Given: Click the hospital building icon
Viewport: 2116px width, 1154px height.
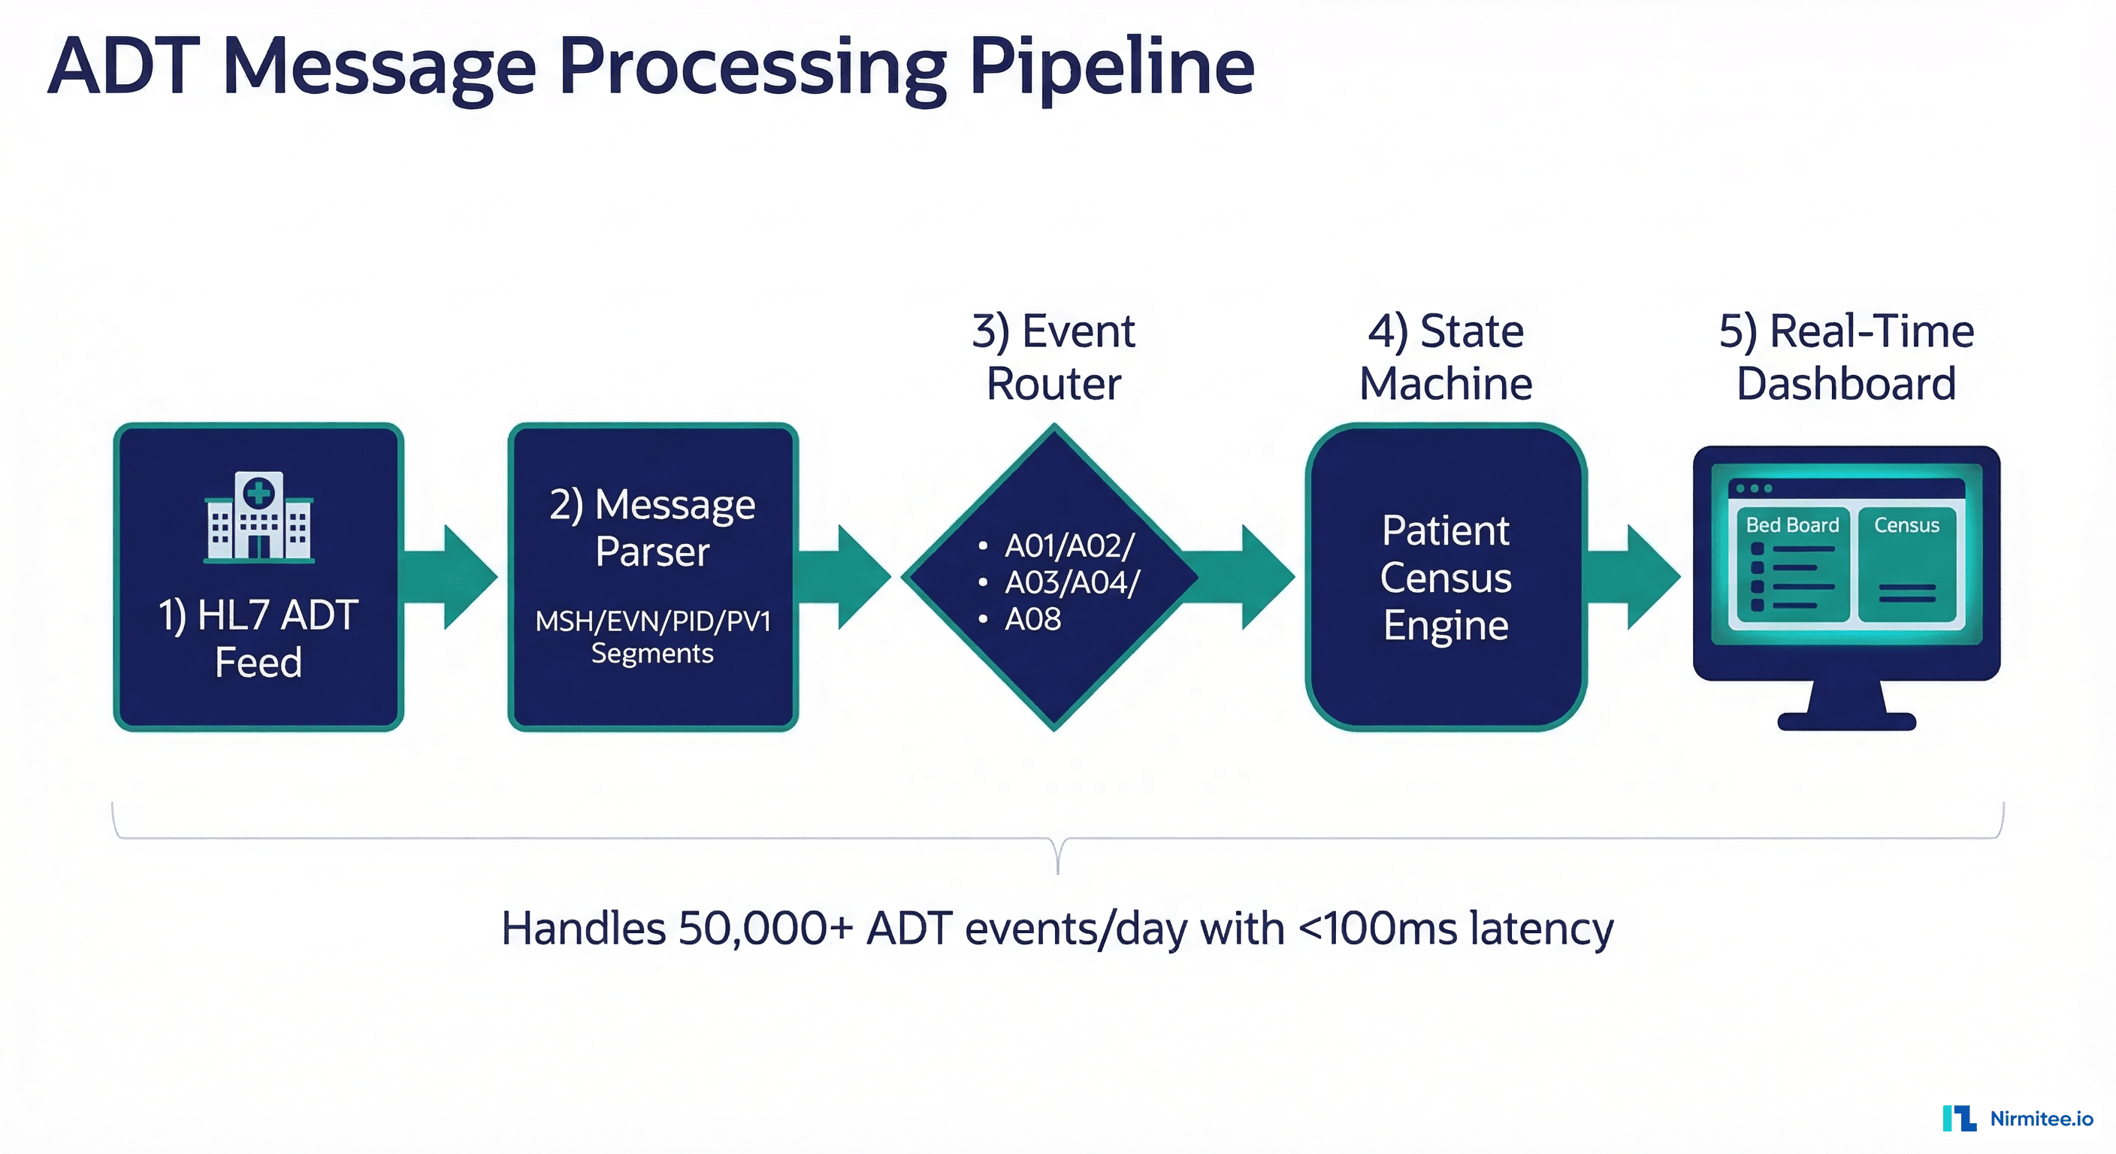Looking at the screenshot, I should [x=258, y=518].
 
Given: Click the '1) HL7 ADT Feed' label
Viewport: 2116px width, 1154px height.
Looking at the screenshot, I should [x=258, y=638].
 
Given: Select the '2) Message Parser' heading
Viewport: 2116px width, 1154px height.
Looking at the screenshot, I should [x=652, y=527].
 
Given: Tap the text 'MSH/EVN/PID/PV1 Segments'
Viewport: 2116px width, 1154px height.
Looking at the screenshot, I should [x=652, y=636].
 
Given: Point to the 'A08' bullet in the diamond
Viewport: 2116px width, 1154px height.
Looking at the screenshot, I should [x=1032, y=619].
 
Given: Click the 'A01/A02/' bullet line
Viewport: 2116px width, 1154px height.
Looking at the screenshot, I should [x=1068, y=546].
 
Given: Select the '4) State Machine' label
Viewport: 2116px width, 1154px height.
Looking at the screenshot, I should [x=1446, y=358].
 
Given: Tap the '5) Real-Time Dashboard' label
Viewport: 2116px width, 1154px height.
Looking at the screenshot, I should [x=1845, y=358].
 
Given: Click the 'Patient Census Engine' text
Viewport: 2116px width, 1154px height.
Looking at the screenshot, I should [x=1446, y=578].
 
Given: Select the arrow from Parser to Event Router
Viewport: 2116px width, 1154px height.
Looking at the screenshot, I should [x=846, y=578].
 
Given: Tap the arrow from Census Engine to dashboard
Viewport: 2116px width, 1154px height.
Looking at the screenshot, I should [x=1634, y=578].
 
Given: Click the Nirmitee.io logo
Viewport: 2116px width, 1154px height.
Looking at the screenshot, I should [x=2018, y=1119].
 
